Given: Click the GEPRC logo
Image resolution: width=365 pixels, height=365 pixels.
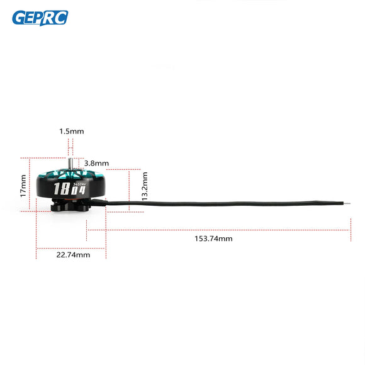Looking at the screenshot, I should click(x=40, y=18).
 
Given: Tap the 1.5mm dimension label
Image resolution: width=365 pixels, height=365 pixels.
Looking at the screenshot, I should click(x=71, y=131).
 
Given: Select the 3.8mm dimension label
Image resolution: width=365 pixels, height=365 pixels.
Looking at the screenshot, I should click(x=96, y=163).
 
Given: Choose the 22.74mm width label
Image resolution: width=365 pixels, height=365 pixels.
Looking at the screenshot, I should click(x=72, y=255).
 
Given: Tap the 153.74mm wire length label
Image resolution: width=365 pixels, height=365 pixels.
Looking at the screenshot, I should click(x=213, y=239).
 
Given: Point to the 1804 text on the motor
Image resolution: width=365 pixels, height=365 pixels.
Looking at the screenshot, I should click(x=69, y=189).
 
